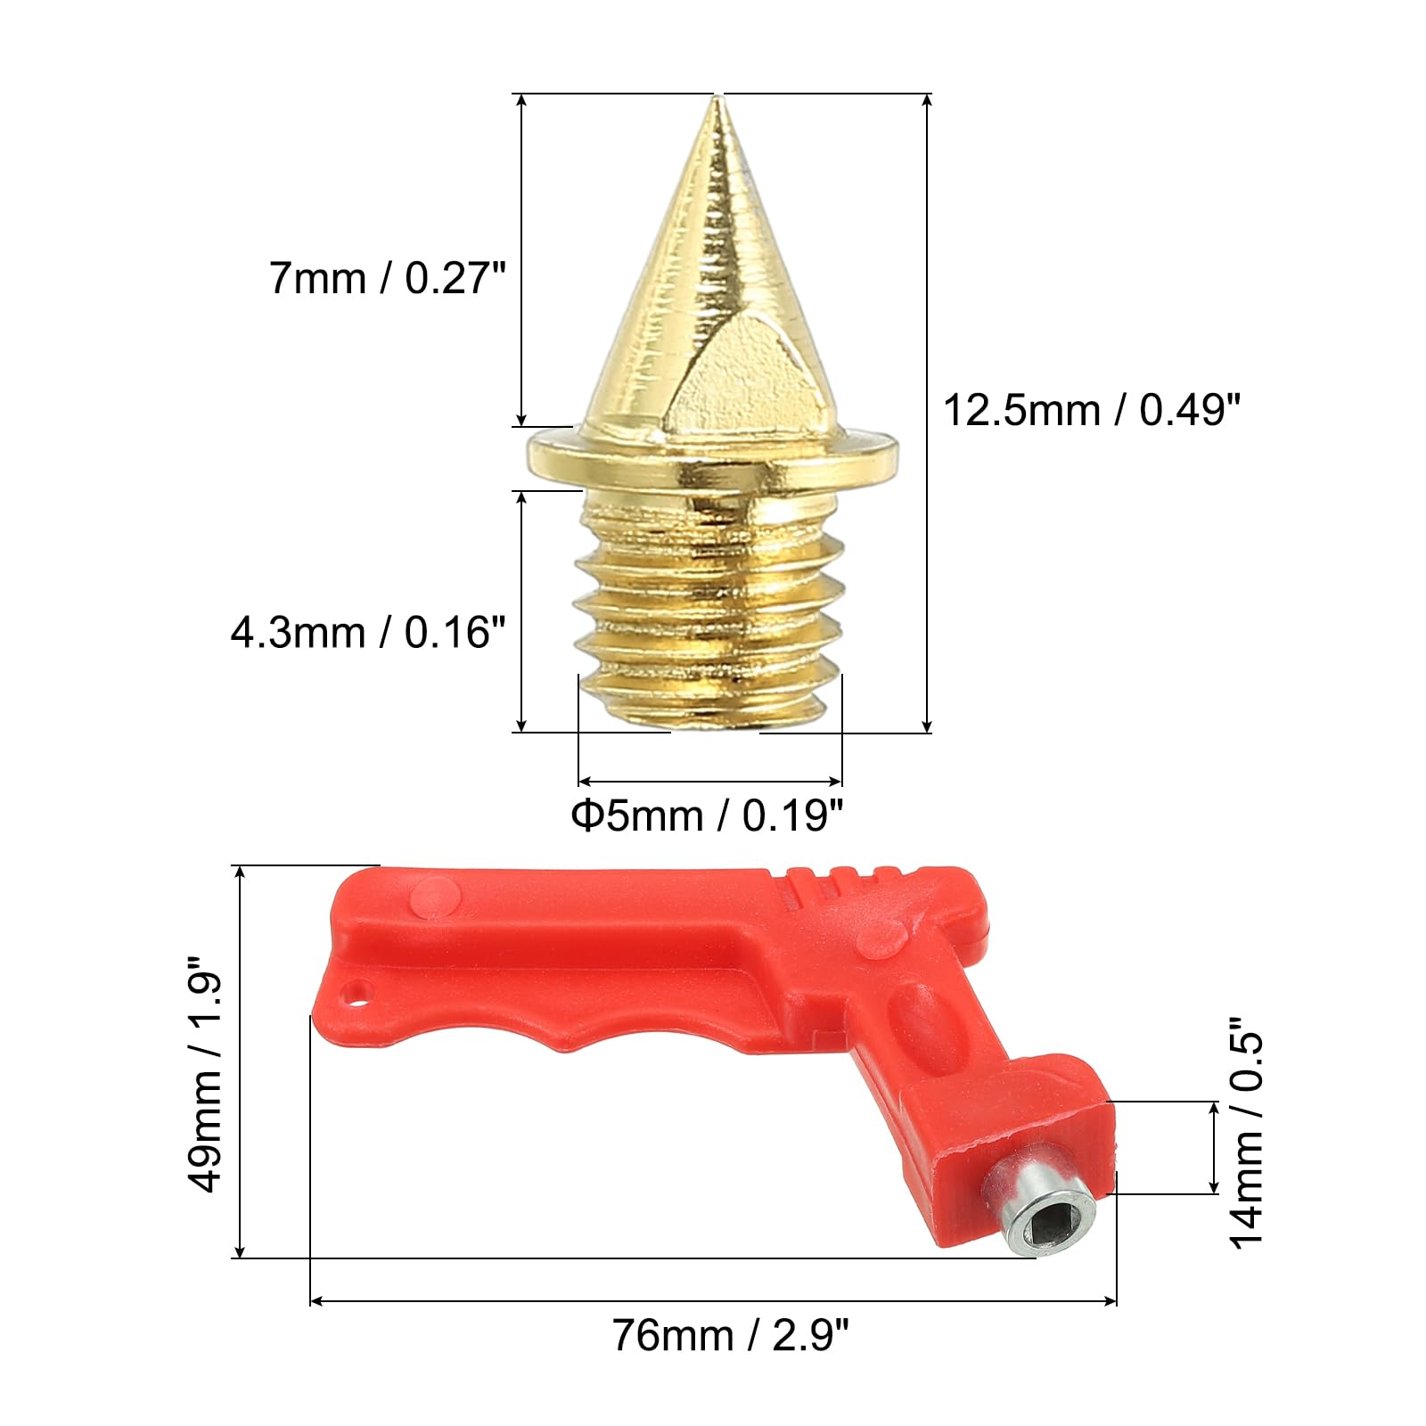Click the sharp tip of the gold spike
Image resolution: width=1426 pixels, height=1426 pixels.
[x=715, y=97]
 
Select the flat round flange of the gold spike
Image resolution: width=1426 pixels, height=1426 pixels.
[x=712, y=455]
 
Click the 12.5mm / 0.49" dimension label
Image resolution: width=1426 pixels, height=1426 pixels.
[x=1092, y=411]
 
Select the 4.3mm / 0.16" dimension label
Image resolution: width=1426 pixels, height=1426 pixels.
[x=368, y=633]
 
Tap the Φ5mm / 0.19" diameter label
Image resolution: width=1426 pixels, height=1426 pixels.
[x=707, y=815]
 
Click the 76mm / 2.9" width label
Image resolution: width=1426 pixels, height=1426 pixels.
[x=731, y=1335]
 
